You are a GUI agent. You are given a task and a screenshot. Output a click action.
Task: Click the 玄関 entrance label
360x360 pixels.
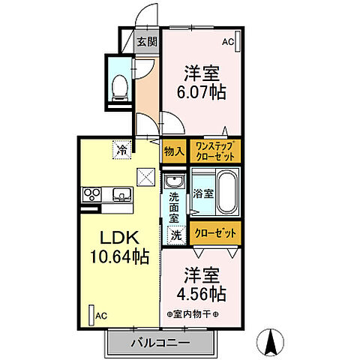147,42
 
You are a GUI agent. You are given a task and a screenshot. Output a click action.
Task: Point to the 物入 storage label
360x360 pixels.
174,151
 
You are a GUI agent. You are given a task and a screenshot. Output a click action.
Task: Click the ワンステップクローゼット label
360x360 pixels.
214,151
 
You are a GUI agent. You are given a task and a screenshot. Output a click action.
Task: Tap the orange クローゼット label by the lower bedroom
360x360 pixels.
214,233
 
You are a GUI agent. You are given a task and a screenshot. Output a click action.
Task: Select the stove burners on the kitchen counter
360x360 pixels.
91,194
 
